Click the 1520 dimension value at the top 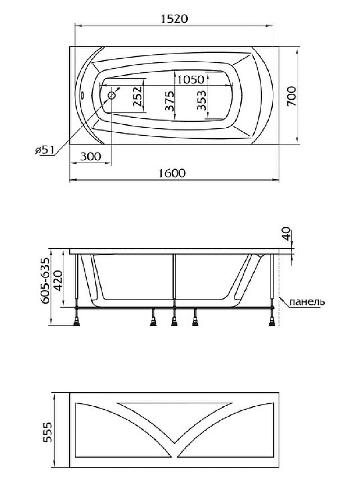pyautogui.click(x=175, y=19)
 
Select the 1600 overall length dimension pyautogui.click(x=172, y=173)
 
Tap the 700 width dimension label pyautogui.click(x=292, y=96)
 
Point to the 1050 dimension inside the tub pyautogui.click(x=191, y=80)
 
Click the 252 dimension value pyautogui.click(x=138, y=96)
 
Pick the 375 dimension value pyautogui.click(x=170, y=101)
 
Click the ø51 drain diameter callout pyautogui.click(x=45, y=150)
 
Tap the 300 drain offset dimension pyautogui.click(x=91, y=156)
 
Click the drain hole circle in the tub pyautogui.click(x=112, y=95)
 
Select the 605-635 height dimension pyautogui.click(x=45, y=281)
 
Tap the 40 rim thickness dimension pyautogui.click(x=286, y=234)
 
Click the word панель pyautogui.click(x=307, y=302)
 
